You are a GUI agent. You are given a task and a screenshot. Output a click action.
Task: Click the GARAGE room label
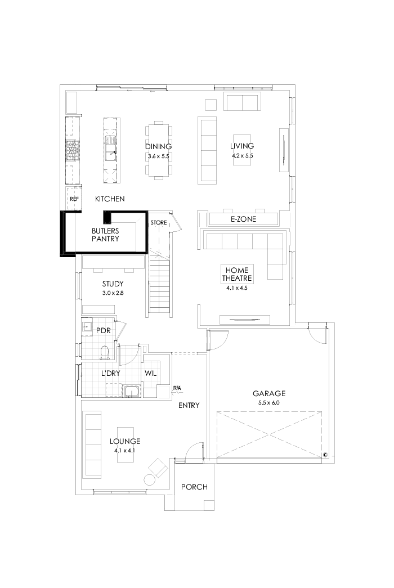coord(268,394)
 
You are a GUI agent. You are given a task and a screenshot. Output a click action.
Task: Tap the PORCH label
coord(194,487)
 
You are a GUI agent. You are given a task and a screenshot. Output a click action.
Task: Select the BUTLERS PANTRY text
coord(105,235)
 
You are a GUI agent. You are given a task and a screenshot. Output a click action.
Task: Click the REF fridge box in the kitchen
coord(74,199)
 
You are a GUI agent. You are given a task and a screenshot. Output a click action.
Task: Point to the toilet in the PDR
coord(104,352)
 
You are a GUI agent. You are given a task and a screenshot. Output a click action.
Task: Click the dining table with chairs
coord(158,150)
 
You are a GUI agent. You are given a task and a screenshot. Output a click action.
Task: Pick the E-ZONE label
coord(243,219)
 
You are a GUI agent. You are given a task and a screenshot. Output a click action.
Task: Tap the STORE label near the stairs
coord(159,223)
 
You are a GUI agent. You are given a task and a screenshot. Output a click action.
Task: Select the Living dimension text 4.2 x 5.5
coord(243,156)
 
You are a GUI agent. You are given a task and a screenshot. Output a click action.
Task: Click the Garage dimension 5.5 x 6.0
coord(268,403)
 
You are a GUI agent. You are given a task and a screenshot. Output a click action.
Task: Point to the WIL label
coord(150,373)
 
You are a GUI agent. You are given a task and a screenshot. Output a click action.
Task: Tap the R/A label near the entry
coord(177,388)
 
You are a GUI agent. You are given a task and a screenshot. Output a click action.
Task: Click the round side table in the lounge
coord(149,480)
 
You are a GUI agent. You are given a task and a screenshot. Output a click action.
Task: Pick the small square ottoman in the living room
coord(210,104)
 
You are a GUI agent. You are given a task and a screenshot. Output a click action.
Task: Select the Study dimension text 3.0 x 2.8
coord(113,293)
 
